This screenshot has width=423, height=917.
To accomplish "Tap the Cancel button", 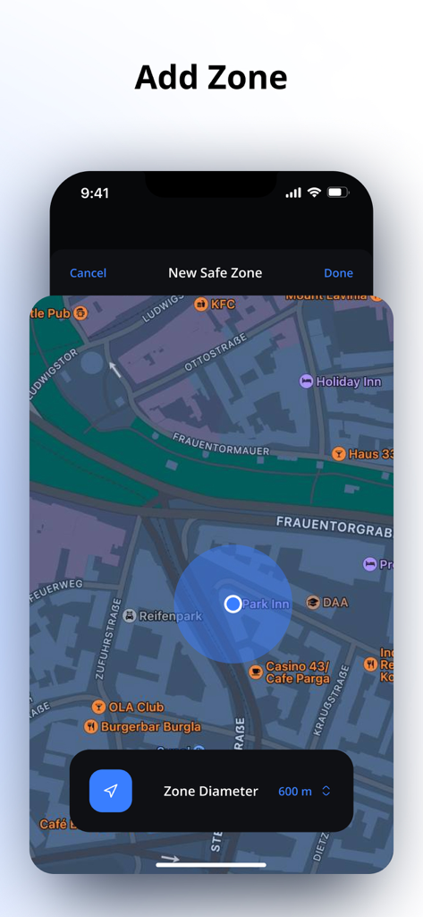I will pyautogui.click(x=88, y=273).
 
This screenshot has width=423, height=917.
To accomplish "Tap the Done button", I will pyautogui.click(x=338, y=273).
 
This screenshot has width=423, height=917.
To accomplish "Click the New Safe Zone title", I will pyautogui.click(x=216, y=273).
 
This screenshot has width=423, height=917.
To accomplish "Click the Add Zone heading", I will pyautogui.click(x=211, y=78).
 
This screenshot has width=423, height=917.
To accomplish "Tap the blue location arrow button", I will pyautogui.click(x=111, y=791).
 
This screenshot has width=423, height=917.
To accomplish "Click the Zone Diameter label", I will pyautogui.click(x=210, y=791).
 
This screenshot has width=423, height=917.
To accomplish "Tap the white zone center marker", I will pyautogui.click(x=233, y=604).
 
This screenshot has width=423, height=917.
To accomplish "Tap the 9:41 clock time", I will pyautogui.click(x=95, y=193).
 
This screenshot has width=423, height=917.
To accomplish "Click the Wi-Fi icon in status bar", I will pyautogui.click(x=314, y=193).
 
